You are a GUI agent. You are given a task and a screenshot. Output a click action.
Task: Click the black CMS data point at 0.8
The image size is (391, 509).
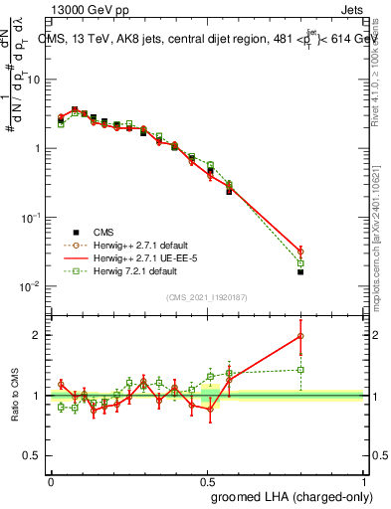click(x=300, y=271)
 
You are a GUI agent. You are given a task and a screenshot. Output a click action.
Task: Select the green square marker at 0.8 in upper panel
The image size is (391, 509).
click(x=300, y=262)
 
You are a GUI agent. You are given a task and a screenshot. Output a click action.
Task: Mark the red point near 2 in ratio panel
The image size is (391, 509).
click(x=300, y=336)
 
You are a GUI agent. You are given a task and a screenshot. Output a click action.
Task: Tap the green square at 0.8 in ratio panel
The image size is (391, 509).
click(x=300, y=370)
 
